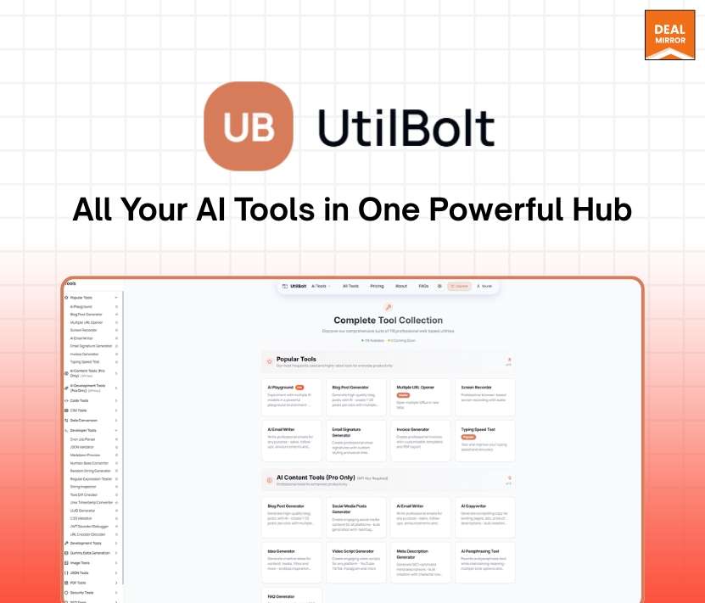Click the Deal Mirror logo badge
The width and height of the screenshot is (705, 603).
pyautogui.click(x=669, y=35)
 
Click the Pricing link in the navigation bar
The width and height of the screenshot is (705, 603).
pyautogui.click(x=377, y=287)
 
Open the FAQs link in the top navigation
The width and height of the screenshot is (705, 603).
pyautogui.click(x=423, y=287)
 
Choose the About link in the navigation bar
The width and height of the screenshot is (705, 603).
pyautogui.click(x=400, y=287)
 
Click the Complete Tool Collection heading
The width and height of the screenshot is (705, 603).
pyautogui.click(x=388, y=321)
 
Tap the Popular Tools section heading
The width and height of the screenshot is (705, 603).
pyautogui.click(x=296, y=359)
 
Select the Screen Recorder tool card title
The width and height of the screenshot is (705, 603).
pyautogui.click(x=478, y=387)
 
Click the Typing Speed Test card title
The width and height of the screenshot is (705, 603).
pyautogui.click(x=479, y=429)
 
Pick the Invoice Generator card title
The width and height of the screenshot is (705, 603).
pyautogui.click(x=412, y=429)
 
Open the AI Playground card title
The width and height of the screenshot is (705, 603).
pyautogui.click(x=279, y=387)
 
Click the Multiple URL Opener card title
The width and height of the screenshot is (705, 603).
pyautogui.click(x=416, y=387)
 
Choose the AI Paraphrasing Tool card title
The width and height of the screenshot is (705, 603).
pyautogui.click(x=480, y=550)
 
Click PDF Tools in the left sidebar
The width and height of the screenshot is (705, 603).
pyautogui.click(x=79, y=583)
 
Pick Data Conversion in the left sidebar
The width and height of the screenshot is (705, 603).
pyautogui.click(x=85, y=421)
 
